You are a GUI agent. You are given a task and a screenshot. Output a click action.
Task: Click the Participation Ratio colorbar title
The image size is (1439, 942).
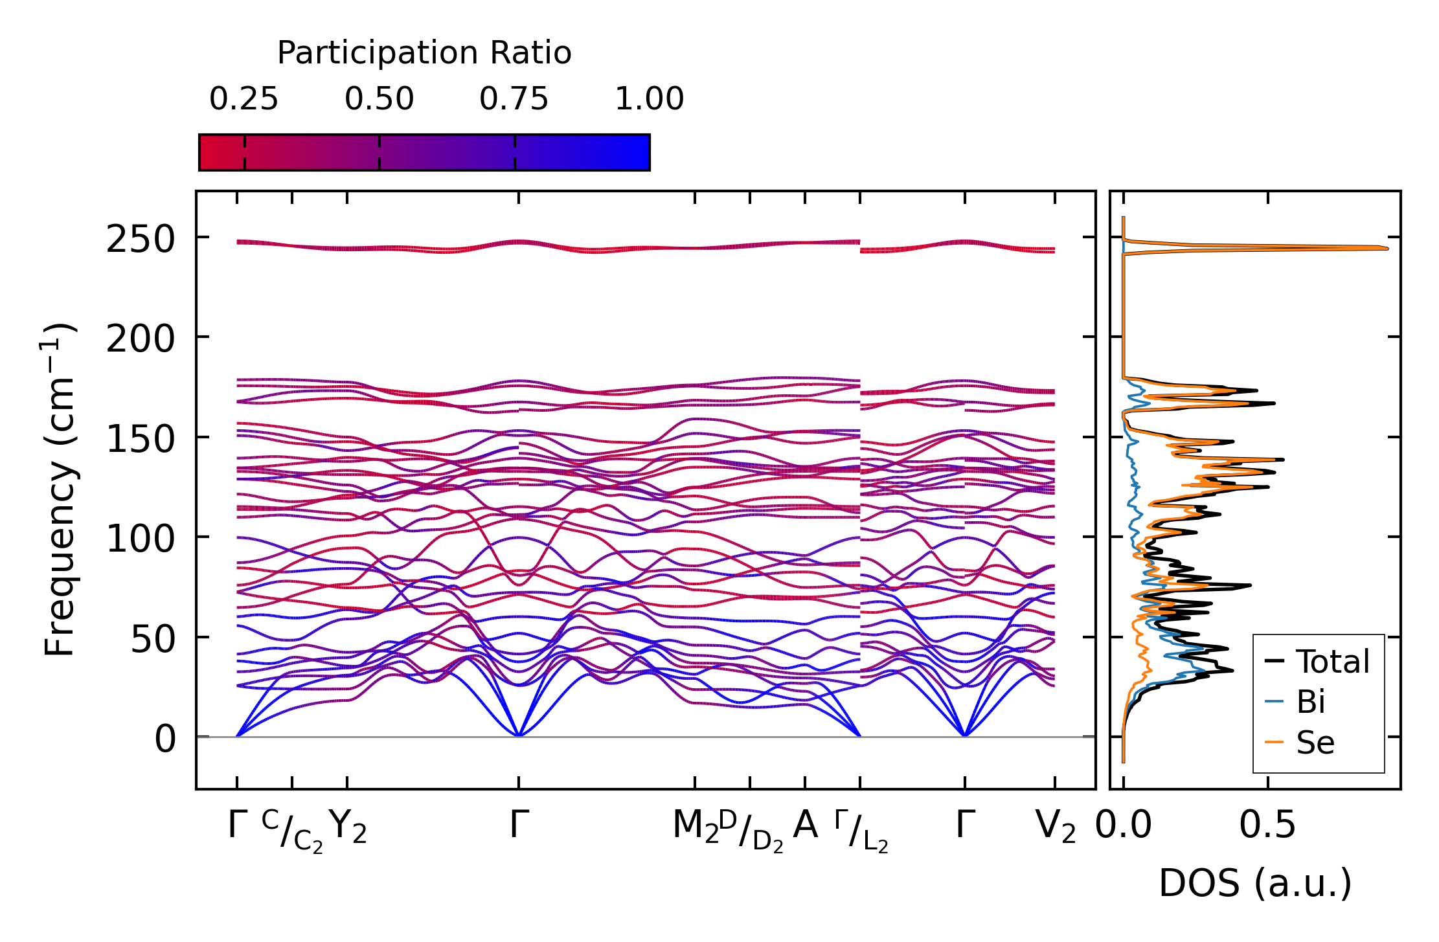[x=424, y=53]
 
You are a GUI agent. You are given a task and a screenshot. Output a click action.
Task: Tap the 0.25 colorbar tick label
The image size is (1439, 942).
[x=244, y=100]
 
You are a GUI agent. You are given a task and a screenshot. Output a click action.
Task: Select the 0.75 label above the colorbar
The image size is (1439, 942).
[x=514, y=100]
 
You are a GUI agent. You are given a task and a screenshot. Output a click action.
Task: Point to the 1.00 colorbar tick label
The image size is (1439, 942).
[x=649, y=100]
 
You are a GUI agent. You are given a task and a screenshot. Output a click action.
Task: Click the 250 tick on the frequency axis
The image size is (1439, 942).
[x=141, y=239]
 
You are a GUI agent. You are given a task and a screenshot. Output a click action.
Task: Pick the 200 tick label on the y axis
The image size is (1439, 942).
[x=141, y=339]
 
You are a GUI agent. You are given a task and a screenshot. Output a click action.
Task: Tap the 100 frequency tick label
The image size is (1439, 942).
[x=141, y=539]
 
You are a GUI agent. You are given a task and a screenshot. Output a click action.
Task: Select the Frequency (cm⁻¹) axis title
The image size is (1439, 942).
[x=60, y=489]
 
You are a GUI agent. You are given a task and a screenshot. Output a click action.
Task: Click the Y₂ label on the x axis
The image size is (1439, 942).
[x=348, y=827]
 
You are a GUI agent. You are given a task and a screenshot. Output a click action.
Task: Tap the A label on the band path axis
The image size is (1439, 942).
[x=805, y=825]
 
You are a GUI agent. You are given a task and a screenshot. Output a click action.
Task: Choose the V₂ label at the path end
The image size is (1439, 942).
[x=1055, y=827]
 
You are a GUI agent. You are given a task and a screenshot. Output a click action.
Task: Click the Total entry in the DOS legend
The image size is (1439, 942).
[x=1332, y=662]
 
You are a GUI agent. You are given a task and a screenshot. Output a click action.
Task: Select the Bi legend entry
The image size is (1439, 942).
[x=1310, y=702]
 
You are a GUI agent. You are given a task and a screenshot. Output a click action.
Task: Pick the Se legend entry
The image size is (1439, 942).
[x=1315, y=742]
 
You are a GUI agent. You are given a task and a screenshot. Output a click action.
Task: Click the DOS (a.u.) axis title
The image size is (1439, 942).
[x=1255, y=883]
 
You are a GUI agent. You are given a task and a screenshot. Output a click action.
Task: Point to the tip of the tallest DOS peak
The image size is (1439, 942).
[x=1387, y=248]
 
